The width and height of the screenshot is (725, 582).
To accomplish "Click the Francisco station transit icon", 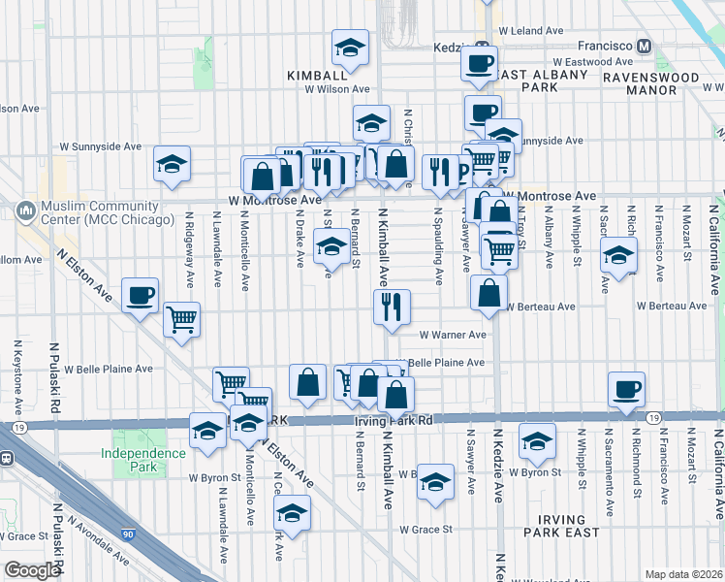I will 644,46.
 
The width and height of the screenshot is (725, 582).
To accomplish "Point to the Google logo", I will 32,569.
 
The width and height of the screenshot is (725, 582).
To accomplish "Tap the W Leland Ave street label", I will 528,31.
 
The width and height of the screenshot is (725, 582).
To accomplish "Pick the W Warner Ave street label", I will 452,335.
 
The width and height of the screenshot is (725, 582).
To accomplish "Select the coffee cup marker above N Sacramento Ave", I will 626,389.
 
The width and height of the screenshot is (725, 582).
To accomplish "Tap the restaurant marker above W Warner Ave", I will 392,307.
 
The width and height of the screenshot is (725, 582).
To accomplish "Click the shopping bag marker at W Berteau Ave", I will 489,294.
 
